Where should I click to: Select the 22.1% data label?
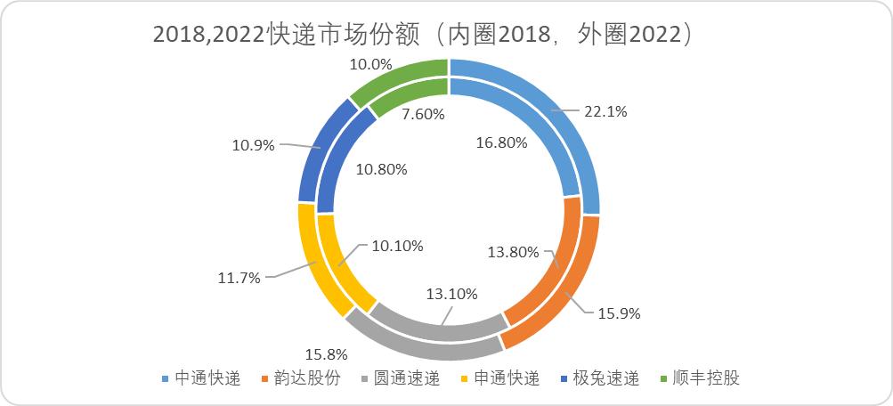[x=605, y=111]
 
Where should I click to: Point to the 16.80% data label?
[x=501, y=142]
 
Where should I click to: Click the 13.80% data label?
[x=513, y=252]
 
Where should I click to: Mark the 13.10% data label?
[x=453, y=293]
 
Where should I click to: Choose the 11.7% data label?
[x=238, y=278]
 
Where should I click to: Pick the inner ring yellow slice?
[x=338, y=258]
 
